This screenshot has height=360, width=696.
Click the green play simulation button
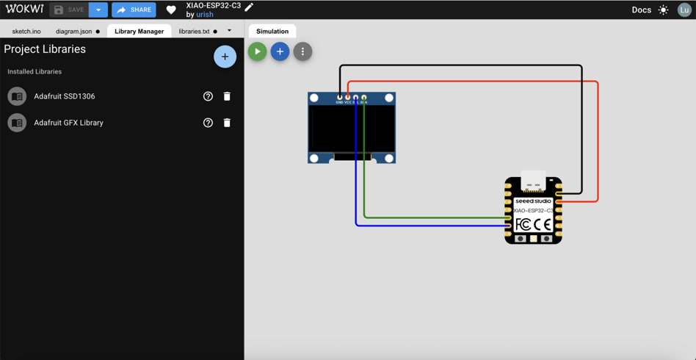257,51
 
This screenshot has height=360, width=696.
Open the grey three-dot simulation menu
302,51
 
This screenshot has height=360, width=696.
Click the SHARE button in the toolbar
134,10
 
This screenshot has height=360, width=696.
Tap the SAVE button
69,10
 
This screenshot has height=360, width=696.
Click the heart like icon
171,10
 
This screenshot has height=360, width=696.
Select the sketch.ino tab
26,32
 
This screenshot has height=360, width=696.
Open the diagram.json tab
74,32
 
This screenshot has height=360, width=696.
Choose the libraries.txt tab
195,32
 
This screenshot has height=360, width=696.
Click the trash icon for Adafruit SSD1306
227,96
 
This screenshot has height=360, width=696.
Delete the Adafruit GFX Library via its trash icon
227,123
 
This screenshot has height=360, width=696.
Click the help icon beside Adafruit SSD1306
208,96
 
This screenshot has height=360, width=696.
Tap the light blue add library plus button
225,57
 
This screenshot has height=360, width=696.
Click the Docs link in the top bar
641,10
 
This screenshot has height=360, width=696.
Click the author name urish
205,15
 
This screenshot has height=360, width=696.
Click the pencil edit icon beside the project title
250,7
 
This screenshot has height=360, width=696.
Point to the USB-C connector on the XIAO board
533,181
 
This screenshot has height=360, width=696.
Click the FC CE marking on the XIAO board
533,224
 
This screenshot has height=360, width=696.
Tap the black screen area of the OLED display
352,129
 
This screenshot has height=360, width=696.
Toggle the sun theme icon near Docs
664,10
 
